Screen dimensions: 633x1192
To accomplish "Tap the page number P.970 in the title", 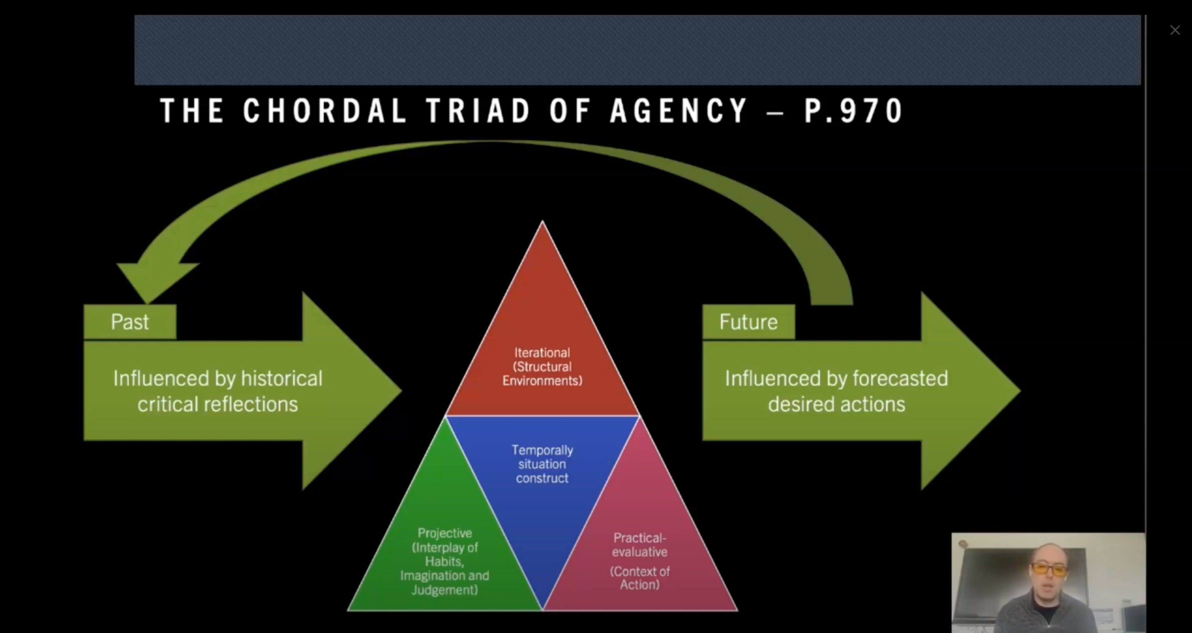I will pyautogui.click(x=854, y=111).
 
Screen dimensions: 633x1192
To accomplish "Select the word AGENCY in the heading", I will pyautogui.click(x=679, y=111).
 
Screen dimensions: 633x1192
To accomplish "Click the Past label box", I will pyautogui.click(x=130, y=322).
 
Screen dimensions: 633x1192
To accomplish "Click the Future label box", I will pyautogui.click(x=748, y=322).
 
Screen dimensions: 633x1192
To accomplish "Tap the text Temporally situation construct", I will pyautogui.click(x=542, y=464).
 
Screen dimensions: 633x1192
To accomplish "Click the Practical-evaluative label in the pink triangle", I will pyautogui.click(x=639, y=545).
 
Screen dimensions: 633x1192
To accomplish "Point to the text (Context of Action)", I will pyautogui.click(x=639, y=578).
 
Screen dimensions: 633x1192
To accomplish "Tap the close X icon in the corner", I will pyautogui.click(x=1175, y=31).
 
